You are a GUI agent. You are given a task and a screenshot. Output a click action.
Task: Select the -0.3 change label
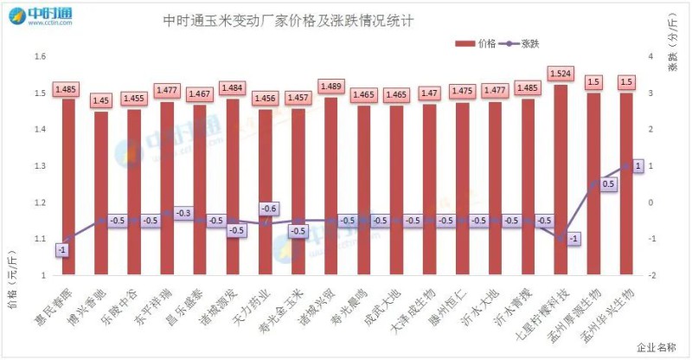pyautogui.click(x=183, y=212)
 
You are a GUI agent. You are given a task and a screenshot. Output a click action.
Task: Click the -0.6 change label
pyautogui.click(x=268, y=209)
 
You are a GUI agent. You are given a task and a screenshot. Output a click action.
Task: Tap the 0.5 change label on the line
pyautogui.click(x=609, y=183)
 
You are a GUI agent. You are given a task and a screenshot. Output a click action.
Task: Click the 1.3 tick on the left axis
pyautogui.click(x=39, y=166)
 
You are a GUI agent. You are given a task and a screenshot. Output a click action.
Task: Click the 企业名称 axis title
pyautogui.click(x=656, y=347)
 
